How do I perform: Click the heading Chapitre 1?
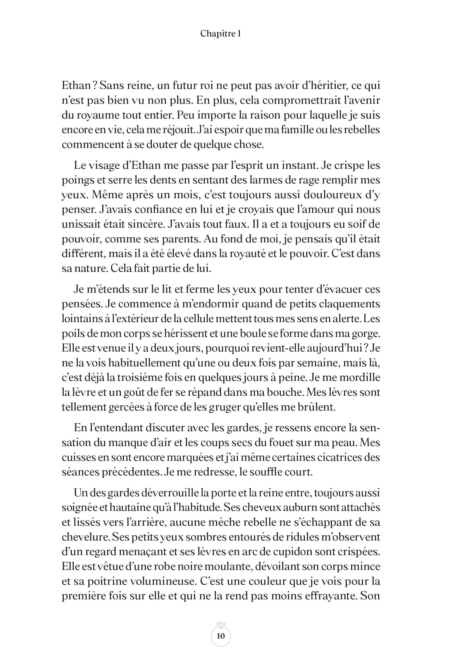[x=221, y=34]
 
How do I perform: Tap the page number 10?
[x=221, y=636]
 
